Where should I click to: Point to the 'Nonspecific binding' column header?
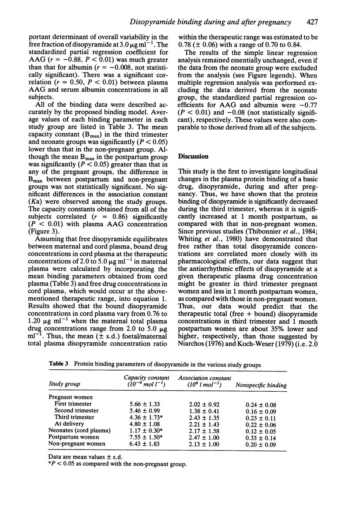point(261,385)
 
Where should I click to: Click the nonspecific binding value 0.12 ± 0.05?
point(260,431)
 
